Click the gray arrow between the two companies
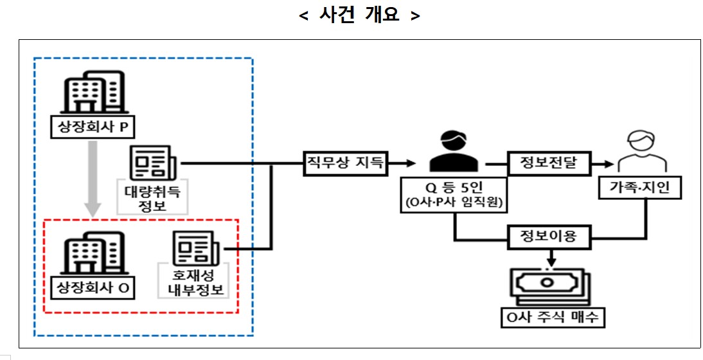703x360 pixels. [x=93, y=177]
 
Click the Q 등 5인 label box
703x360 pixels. [x=454, y=194]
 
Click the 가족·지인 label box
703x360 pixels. [x=643, y=187]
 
